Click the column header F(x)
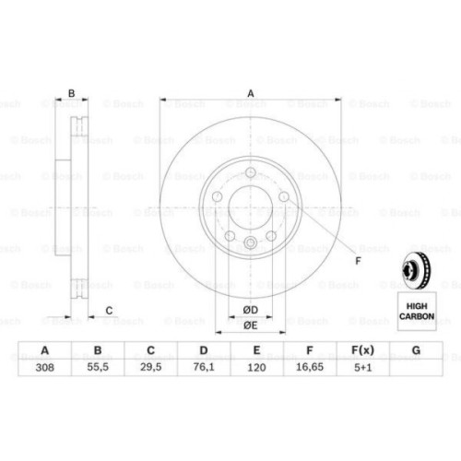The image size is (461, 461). [x=363, y=351]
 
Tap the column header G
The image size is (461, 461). [x=417, y=351]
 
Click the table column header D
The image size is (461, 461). [x=205, y=351]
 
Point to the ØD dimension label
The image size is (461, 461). [x=249, y=309]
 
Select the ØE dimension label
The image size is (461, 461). [x=249, y=325]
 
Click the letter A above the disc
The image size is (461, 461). [x=249, y=92]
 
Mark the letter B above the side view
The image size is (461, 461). [x=71, y=92]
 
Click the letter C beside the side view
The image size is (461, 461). [x=109, y=310]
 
